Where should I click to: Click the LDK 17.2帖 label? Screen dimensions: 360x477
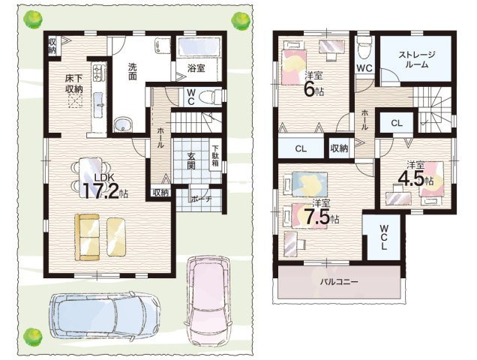pos(105,186)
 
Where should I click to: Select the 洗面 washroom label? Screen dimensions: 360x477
pos(131,70)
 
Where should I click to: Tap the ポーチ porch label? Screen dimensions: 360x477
pos(201,199)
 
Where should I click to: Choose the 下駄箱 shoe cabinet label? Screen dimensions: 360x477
pos(215,155)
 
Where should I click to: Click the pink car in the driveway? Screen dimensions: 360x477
pos(211,296)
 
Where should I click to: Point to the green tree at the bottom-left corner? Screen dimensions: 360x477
pos(32,337)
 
